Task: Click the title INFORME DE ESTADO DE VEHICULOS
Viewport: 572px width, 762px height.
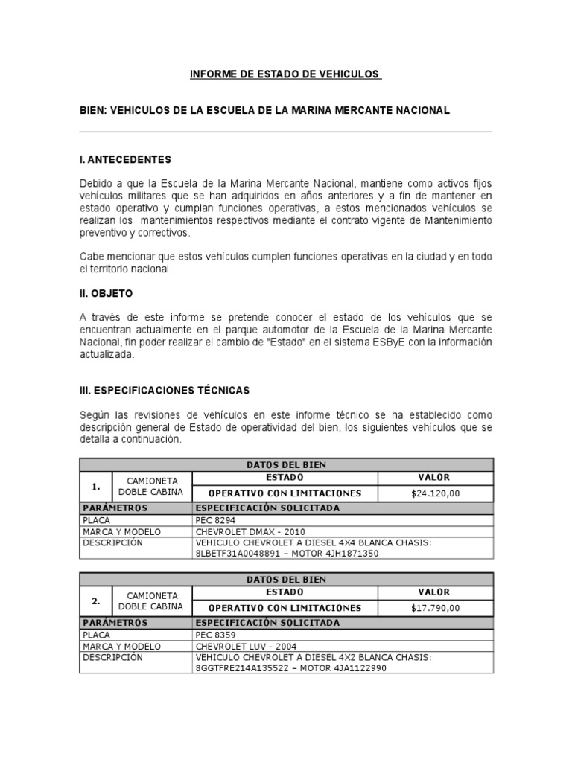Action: point(285,74)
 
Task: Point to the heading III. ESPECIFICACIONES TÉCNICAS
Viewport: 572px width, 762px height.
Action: point(165,390)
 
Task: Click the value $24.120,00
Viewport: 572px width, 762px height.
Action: point(435,493)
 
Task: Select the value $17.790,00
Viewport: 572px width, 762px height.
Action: point(435,608)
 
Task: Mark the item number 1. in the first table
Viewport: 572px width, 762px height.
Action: point(95,486)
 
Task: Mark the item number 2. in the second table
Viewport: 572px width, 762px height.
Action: point(95,601)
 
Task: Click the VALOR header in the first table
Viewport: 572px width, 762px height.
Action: point(435,477)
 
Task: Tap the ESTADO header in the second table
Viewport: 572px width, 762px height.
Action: point(285,592)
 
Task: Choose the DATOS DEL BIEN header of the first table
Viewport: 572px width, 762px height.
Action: point(286,464)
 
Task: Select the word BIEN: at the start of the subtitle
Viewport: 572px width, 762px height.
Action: point(94,110)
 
